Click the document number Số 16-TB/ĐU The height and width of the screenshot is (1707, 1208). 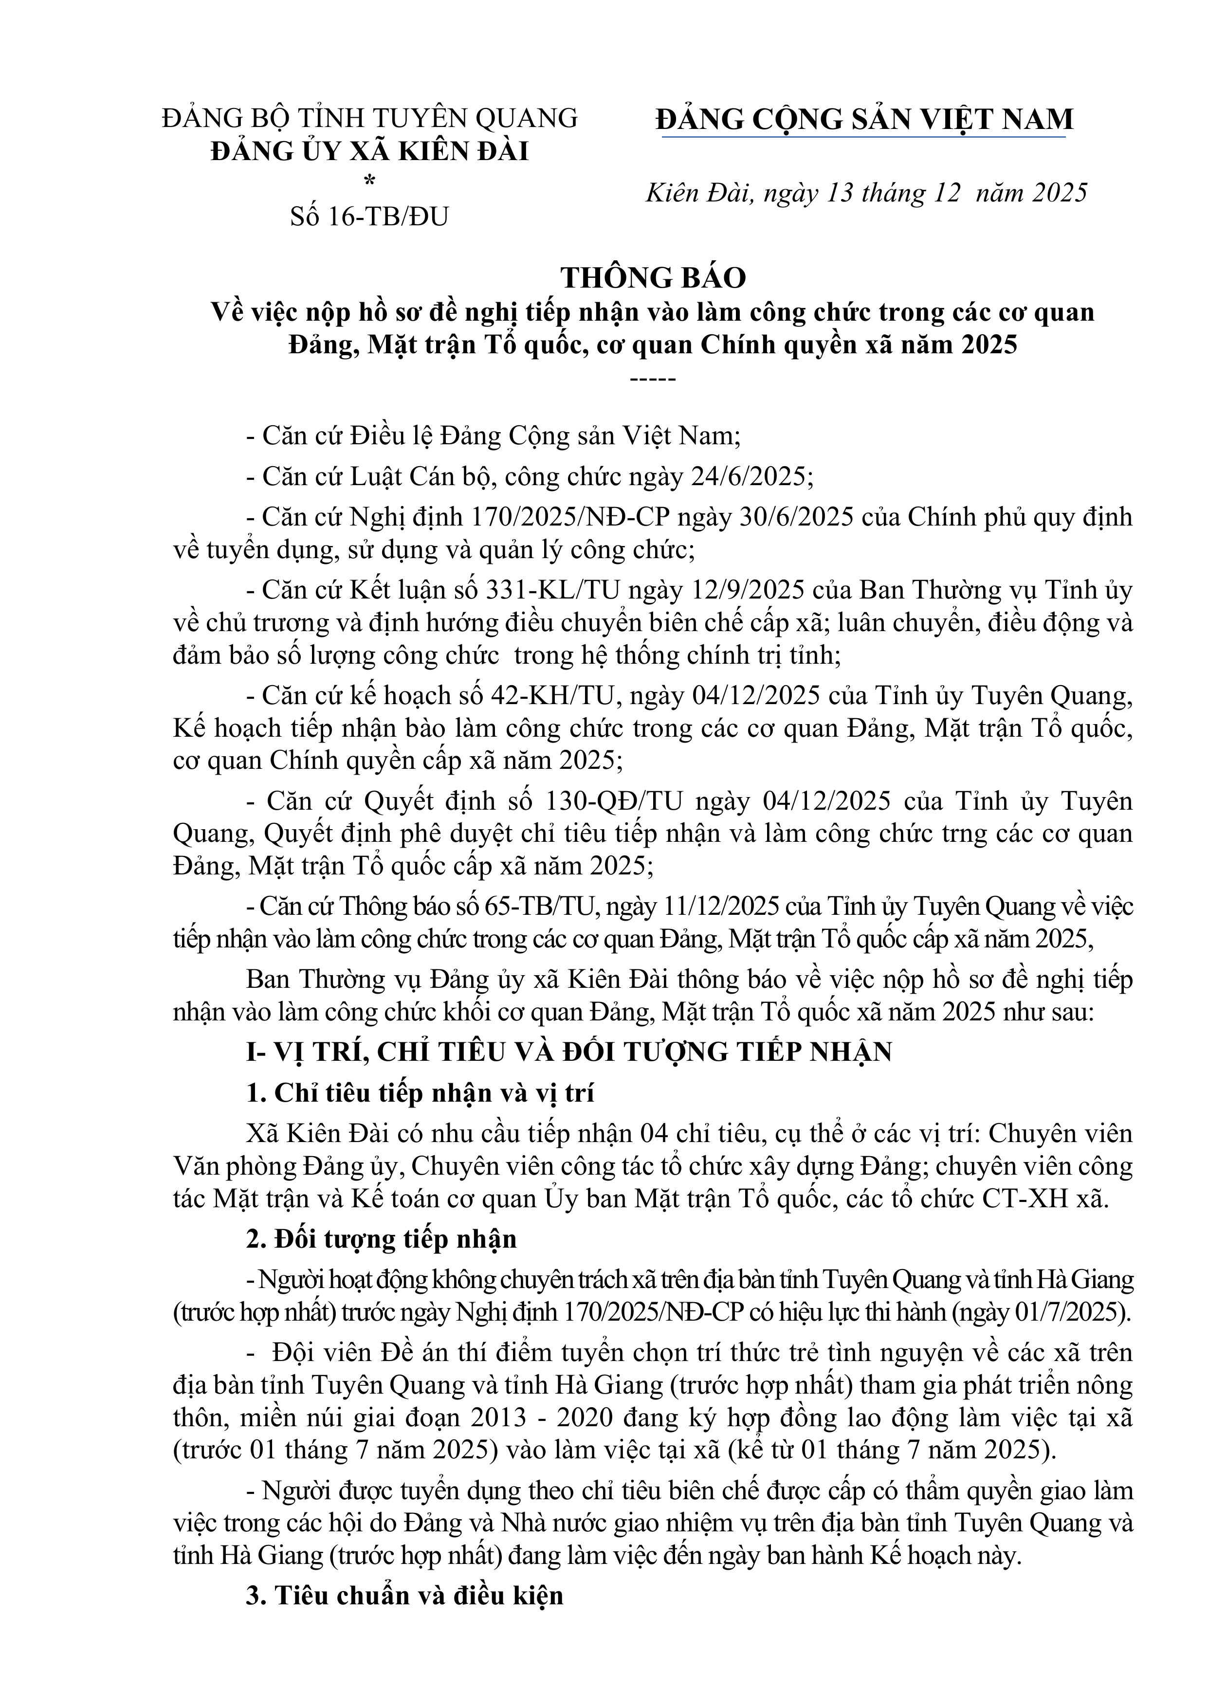[369, 217]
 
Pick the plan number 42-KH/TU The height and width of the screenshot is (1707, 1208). [551, 695]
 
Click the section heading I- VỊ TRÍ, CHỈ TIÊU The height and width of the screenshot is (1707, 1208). [568, 1051]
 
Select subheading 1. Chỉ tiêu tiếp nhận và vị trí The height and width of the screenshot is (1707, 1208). [421, 1092]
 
